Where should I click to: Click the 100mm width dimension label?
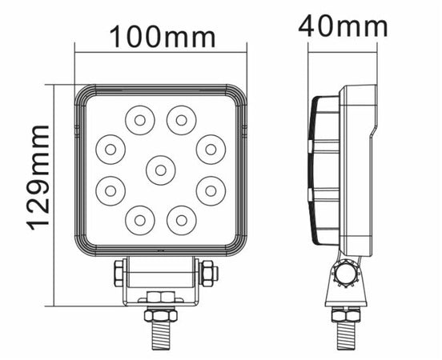[x=163, y=37]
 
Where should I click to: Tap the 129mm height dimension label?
[x=38, y=178]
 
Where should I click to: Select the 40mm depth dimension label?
[x=343, y=26]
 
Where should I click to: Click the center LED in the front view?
[x=161, y=170]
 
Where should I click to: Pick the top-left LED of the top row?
[x=140, y=120]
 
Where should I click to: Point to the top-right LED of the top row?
[x=181, y=120]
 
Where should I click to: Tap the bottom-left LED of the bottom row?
[x=140, y=220]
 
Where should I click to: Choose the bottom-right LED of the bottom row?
[x=181, y=220]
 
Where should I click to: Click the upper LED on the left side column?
[x=110, y=150]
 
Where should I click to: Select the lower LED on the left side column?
[x=110, y=191]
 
